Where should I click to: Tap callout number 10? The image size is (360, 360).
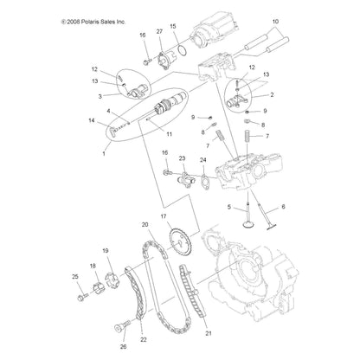275,20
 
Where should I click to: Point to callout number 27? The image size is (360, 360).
158,32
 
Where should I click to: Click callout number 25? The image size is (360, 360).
75,276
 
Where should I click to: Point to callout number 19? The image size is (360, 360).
106,250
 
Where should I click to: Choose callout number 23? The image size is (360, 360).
183,158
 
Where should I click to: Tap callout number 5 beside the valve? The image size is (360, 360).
204,208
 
